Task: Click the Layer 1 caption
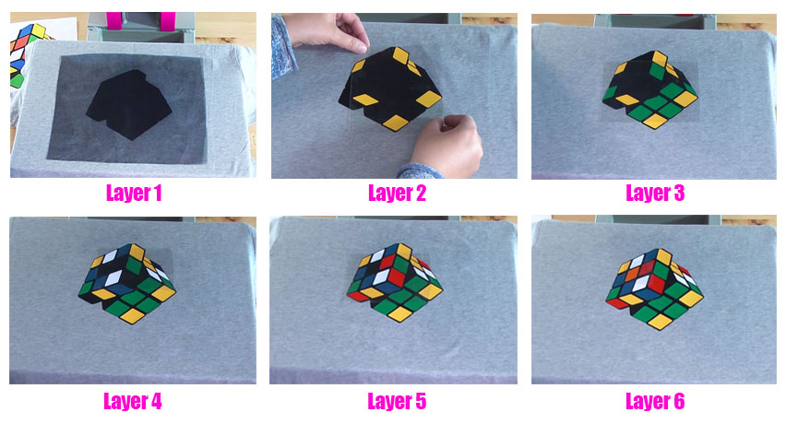134,193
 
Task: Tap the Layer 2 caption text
397,193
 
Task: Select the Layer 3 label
655,193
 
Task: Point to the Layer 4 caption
133,401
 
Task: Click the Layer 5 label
397,401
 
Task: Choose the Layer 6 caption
655,401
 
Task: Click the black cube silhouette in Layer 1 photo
129,104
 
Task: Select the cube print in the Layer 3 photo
651,89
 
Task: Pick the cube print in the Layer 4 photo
127,283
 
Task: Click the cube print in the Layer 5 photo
395,282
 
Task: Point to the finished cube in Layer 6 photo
654,289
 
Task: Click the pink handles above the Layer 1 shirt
141,21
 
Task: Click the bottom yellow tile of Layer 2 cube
396,123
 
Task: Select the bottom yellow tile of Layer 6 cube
661,322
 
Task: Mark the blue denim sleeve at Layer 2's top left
284,48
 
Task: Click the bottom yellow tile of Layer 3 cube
655,121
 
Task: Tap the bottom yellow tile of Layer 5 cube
400,314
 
